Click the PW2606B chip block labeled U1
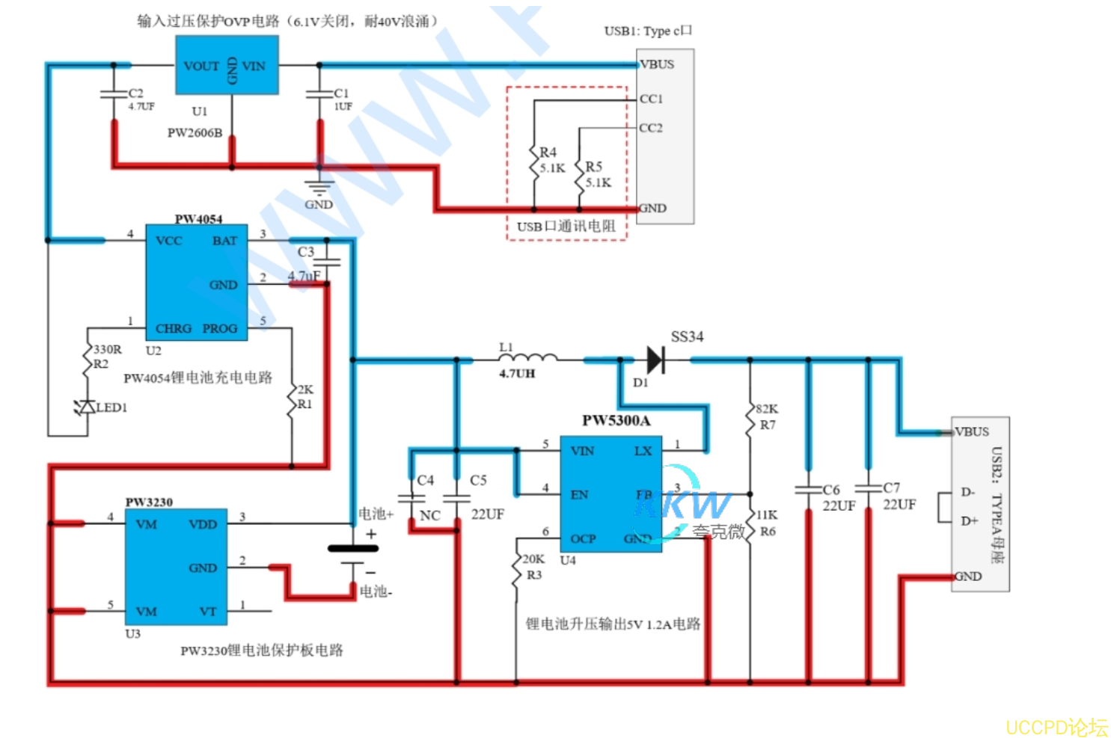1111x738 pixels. [227, 66]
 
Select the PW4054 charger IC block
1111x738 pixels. [196, 283]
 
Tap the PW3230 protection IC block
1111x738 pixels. [176, 568]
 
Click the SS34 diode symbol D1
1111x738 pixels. [655, 360]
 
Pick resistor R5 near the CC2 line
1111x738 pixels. [580, 176]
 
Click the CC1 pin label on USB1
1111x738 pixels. [651, 99]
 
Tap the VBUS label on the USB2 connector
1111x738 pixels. [972, 431]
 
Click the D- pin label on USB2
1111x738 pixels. [967, 492]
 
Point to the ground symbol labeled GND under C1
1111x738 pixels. [319, 187]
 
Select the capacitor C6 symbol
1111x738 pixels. [809, 490]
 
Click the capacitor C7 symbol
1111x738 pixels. [869, 488]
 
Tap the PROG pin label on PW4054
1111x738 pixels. [220, 328]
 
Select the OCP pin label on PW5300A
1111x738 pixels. [583, 538]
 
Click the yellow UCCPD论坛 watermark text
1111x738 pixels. [1056, 727]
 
